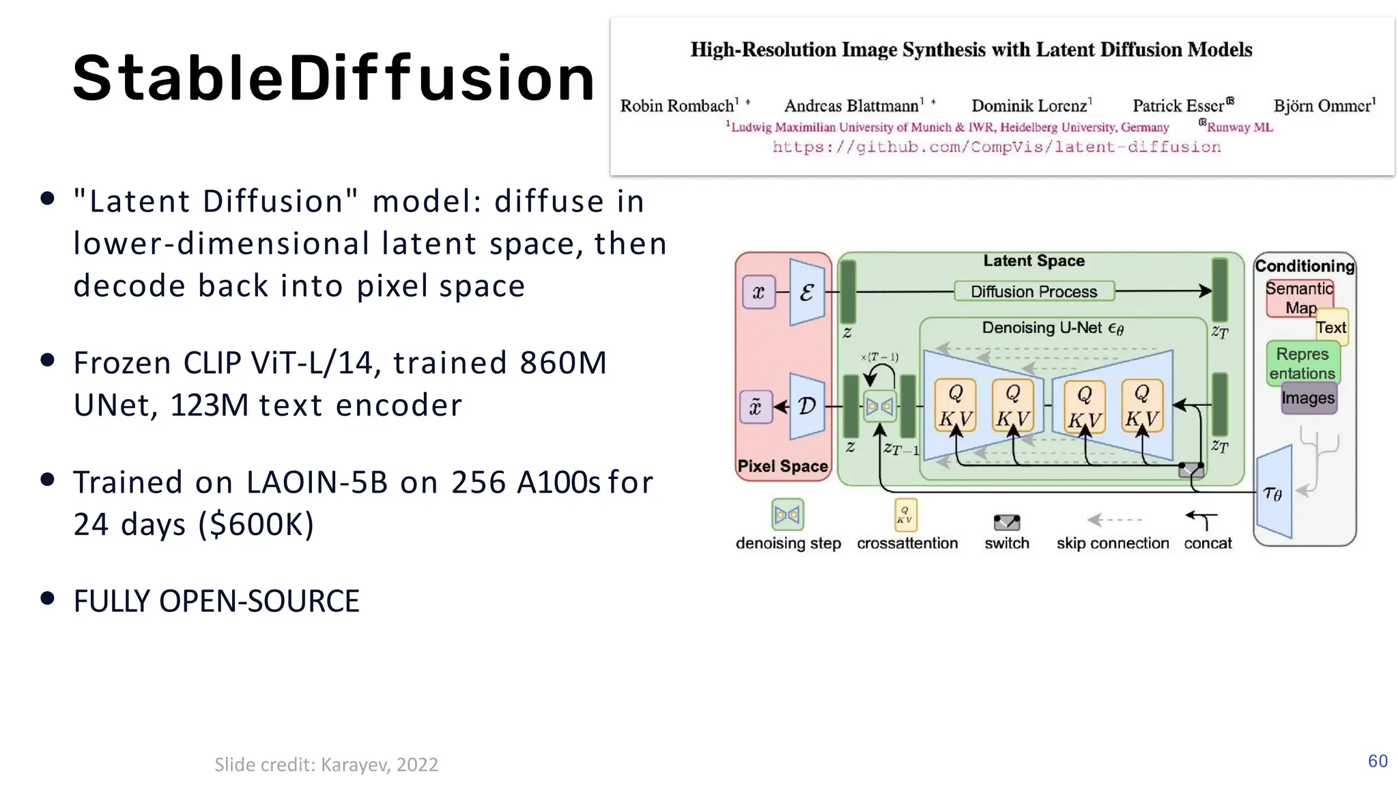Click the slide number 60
(x=1377, y=761)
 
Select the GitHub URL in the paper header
(x=996, y=147)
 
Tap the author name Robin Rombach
(x=677, y=106)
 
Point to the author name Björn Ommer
(x=1322, y=106)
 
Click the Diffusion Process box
(x=1033, y=291)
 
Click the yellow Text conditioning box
(x=1331, y=327)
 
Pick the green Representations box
(x=1302, y=364)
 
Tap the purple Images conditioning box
(x=1307, y=398)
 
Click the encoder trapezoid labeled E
(x=807, y=292)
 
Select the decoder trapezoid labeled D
(x=807, y=407)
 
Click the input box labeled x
(x=758, y=293)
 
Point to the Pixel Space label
(x=782, y=466)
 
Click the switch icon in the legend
(x=1006, y=523)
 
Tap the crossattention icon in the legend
(x=905, y=515)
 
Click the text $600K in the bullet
(x=256, y=524)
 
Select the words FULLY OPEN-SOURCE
(x=216, y=601)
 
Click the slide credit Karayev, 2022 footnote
(x=326, y=764)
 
